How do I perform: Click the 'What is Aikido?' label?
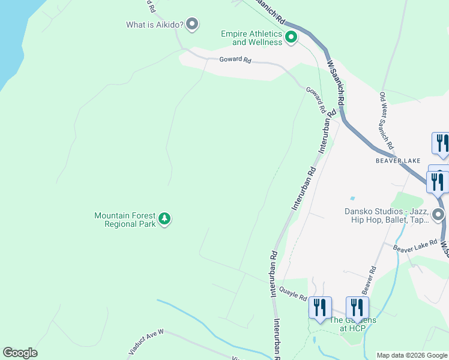pos(154,25)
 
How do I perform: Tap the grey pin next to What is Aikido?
pos(192,24)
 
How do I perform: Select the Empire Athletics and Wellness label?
pos(251,38)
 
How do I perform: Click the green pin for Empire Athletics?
pos(291,38)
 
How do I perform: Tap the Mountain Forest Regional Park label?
pos(125,220)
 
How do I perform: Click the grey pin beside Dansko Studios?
pos(439,214)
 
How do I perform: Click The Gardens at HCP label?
pos(352,324)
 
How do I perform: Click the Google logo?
pos(20,353)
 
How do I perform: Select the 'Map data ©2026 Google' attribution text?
pos(411,355)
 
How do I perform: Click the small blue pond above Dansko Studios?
pos(352,198)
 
